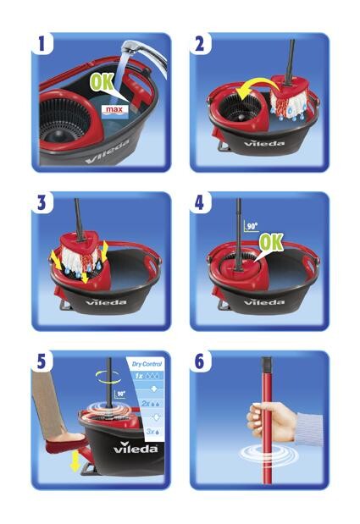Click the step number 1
[x=42, y=43]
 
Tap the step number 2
[x=199, y=43]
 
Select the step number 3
[x=42, y=202]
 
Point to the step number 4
[x=200, y=202]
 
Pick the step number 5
[x=42, y=361]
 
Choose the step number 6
[x=200, y=361]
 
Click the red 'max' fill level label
[x=114, y=109]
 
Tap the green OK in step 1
[x=102, y=81]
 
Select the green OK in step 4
[x=271, y=241]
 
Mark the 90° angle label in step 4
[x=252, y=226]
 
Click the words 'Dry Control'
[x=147, y=364]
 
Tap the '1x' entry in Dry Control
[x=139, y=376]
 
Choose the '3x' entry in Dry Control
[x=150, y=432]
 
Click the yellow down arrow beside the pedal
[x=75, y=461]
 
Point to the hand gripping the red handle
[x=271, y=421]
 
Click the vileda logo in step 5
[x=136, y=447]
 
